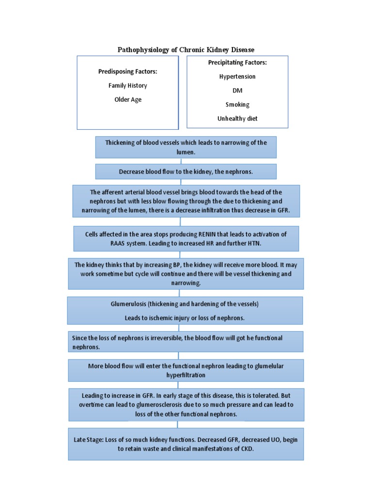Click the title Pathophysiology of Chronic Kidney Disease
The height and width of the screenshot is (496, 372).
[x=186, y=50]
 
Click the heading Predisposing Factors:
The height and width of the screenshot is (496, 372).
[x=128, y=72]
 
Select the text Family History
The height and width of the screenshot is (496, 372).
[x=128, y=86]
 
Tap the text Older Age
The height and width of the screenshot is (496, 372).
[x=128, y=100]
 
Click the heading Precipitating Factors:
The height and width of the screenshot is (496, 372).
[x=237, y=62]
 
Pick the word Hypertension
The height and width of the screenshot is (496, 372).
[x=237, y=77]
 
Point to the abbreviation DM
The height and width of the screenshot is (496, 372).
[x=237, y=91]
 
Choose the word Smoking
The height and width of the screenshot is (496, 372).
[x=237, y=105]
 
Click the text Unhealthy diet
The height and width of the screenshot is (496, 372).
[x=237, y=119]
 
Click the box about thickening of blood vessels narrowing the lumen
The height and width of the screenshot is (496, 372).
[x=186, y=147]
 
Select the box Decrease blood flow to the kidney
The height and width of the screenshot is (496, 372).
[x=186, y=172]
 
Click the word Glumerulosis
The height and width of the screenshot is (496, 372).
[x=128, y=304]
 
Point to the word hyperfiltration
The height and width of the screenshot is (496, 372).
[x=186, y=375]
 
